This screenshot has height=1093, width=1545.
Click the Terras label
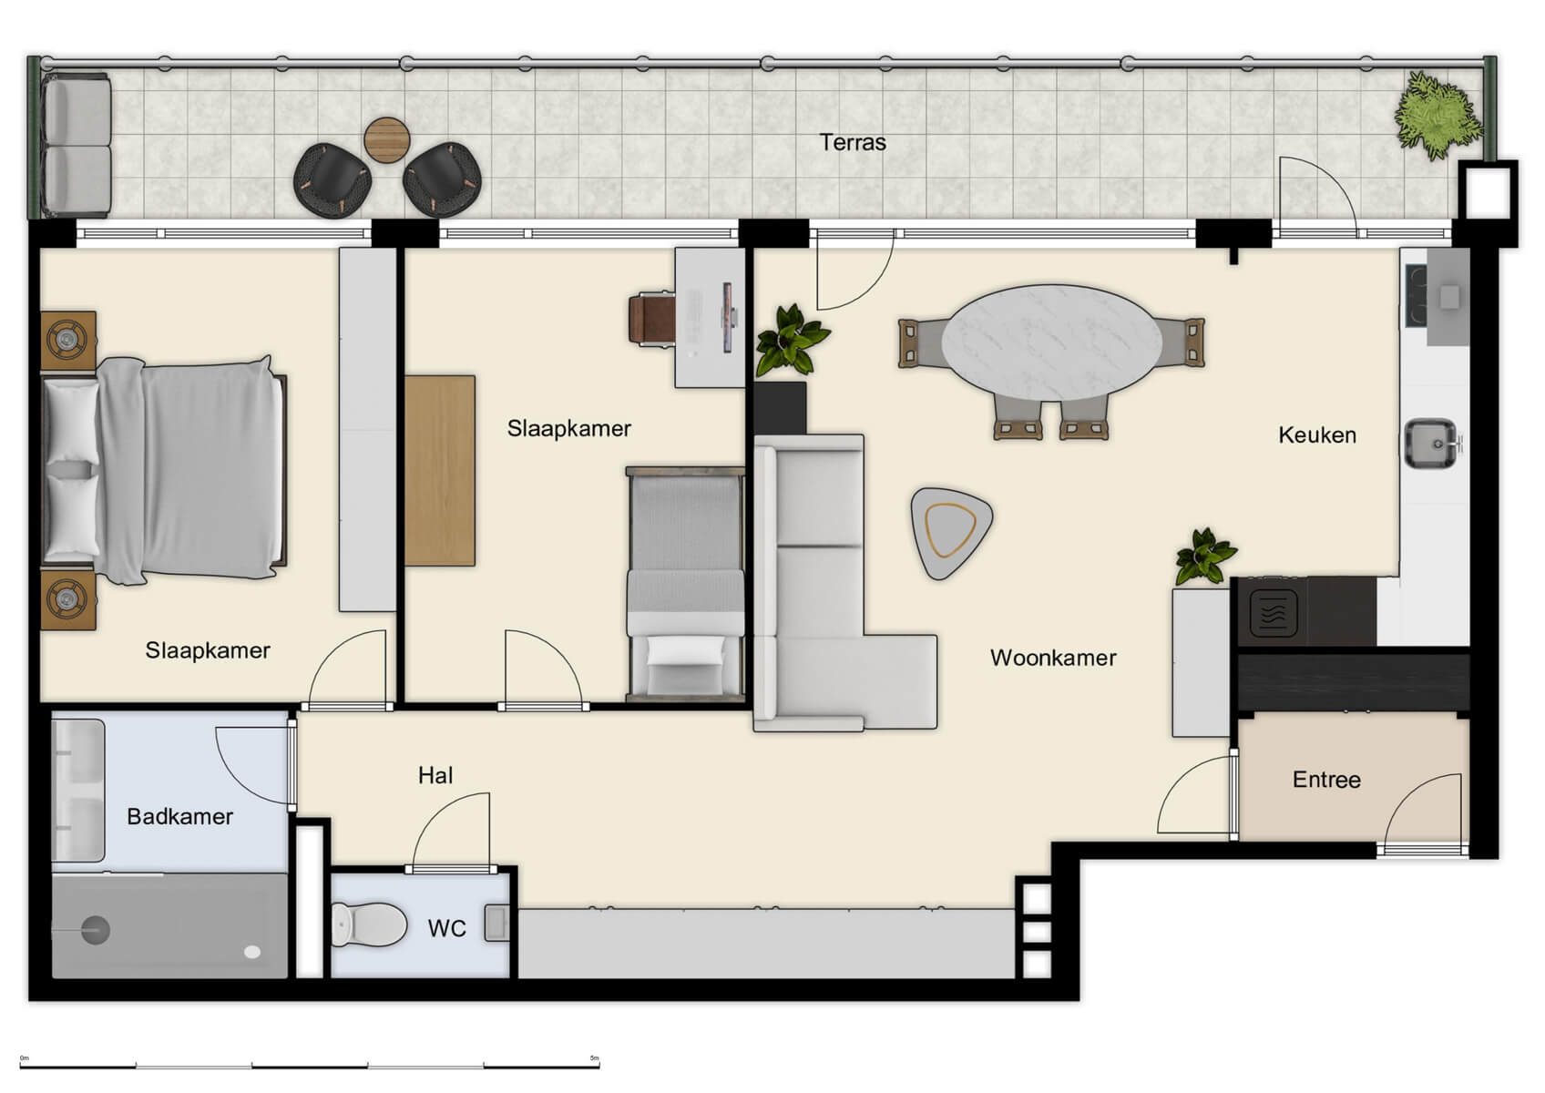[852, 142]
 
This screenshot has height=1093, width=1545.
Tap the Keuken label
[1316, 435]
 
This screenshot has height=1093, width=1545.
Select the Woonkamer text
[1052, 658]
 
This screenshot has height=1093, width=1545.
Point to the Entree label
[1326, 780]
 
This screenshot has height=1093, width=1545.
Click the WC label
[446, 928]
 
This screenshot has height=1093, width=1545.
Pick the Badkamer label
[179, 816]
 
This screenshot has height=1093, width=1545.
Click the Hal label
[435, 775]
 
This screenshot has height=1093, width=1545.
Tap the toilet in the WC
[370, 924]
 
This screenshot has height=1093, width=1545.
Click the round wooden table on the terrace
[387, 140]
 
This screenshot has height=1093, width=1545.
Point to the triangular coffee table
[950, 529]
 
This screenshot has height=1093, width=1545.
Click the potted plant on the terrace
[1437, 116]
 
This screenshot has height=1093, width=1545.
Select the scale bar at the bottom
[310, 1064]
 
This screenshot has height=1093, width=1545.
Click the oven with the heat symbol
[1273, 611]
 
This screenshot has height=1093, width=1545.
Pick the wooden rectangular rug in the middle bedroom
[440, 470]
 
